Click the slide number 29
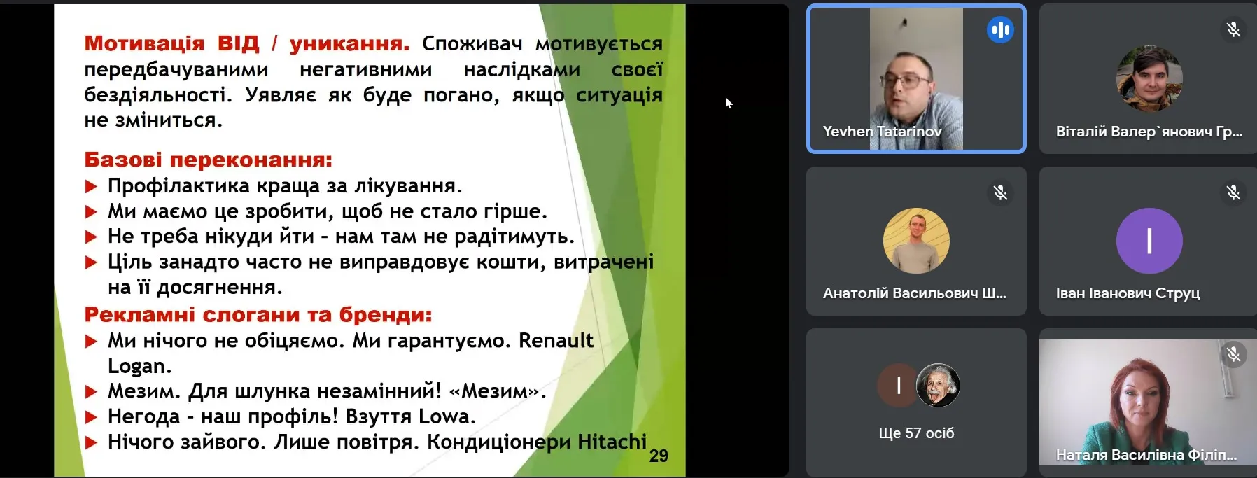[659, 456]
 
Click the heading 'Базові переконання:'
[209, 160]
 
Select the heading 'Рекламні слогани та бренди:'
[258, 314]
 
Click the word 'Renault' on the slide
[556, 340]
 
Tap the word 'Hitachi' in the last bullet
[612, 442]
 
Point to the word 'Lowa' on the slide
[447, 416]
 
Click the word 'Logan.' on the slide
[139, 366]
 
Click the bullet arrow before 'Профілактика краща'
[91, 186]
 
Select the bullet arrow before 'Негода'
[91, 417]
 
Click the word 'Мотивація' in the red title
[145, 43]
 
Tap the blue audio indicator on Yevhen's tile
[1000, 29]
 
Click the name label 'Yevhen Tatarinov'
[882, 131]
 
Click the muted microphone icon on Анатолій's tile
[1000, 192]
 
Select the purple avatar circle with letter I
[1149, 241]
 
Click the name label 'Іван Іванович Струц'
[1128, 293]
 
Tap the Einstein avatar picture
[938, 385]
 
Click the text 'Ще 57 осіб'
[916, 433]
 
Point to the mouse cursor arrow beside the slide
[729, 103]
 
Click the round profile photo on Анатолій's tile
[916, 241]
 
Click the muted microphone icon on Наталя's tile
[1233, 355]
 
